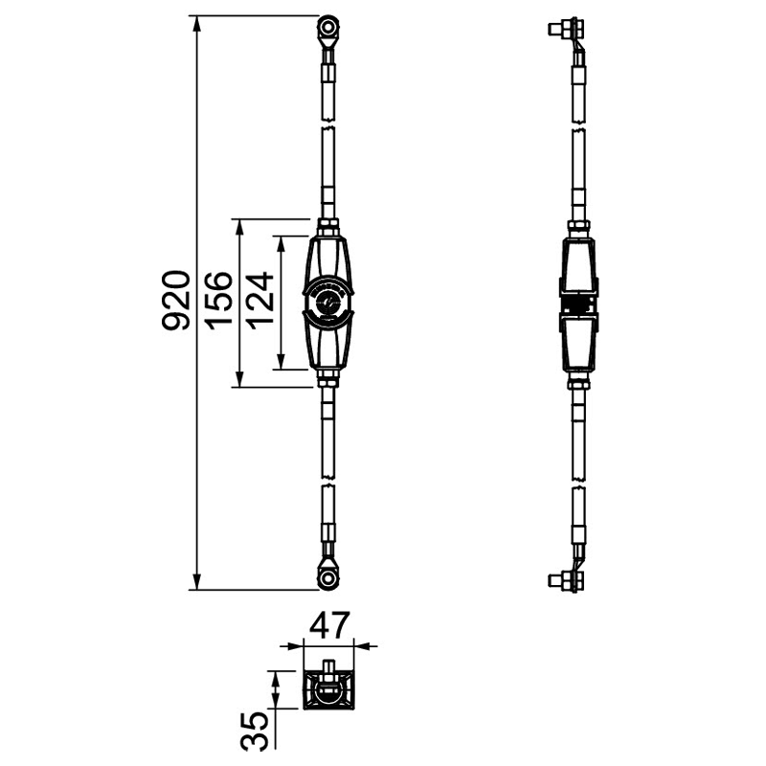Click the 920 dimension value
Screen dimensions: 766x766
[176, 301]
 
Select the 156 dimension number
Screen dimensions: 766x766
[218, 301]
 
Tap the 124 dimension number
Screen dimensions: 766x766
[259, 301]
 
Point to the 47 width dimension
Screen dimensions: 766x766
[330, 625]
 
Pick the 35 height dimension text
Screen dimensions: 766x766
[255, 731]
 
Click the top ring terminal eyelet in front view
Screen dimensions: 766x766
[327, 28]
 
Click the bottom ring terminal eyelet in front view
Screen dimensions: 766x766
[327, 579]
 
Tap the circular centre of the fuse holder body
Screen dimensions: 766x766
[327, 303]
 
